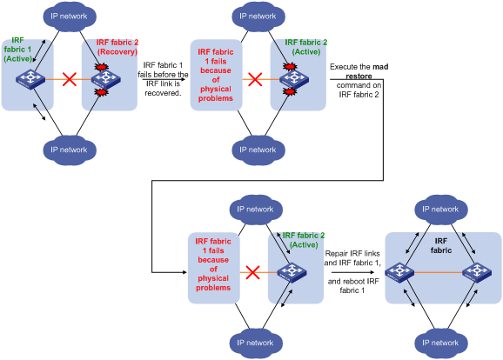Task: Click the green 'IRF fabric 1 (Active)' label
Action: pos(17,50)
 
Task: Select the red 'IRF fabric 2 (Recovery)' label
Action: pos(117,47)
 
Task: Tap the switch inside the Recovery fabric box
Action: pos(106,79)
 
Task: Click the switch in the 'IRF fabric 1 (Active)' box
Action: pos(30,79)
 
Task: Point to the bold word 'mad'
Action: pos(381,67)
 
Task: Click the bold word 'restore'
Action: pos(359,77)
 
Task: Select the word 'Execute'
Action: pos(341,67)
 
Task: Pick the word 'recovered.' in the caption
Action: pos(163,93)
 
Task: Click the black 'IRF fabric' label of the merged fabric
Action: pos(441,245)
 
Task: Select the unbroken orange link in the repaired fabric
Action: pos(439,272)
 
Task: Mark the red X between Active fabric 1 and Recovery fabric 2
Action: pos(70,79)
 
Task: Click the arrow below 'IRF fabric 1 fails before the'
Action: pos(164,79)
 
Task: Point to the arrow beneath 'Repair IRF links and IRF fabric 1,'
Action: pos(352,272)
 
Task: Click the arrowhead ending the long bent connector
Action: pos(184,272)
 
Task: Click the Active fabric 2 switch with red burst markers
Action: pos(294,79)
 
